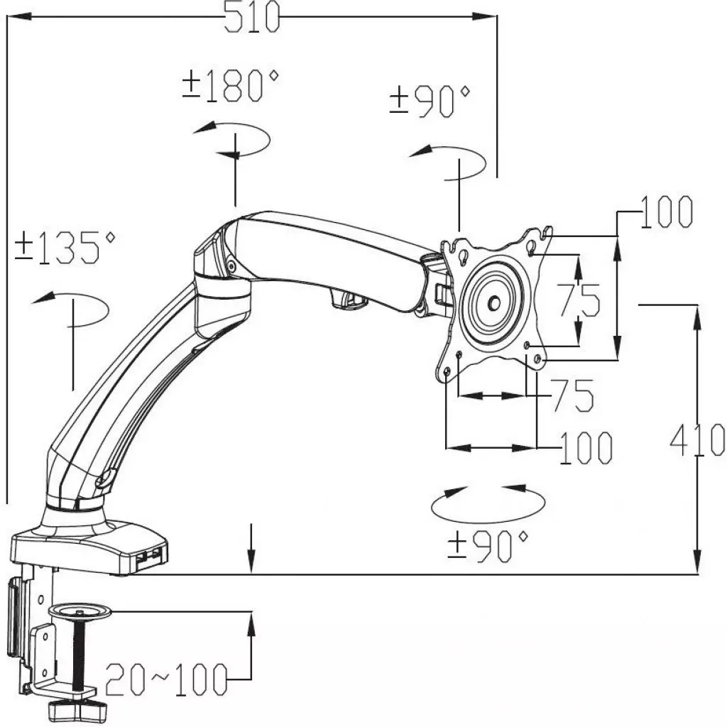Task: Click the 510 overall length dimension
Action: (252, 17)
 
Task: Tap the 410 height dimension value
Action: (698, 439)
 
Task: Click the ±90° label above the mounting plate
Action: (430, 101)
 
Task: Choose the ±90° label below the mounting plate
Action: (488, 545)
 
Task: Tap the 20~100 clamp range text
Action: (166, 680)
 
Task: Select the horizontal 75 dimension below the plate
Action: (572, 395)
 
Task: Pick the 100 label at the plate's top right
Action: (666, 212)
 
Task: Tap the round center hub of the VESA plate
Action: (492, 301)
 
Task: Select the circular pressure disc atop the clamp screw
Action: (80, 610)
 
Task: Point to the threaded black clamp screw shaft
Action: (82, 653)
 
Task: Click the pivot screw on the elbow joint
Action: (231, 266)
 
